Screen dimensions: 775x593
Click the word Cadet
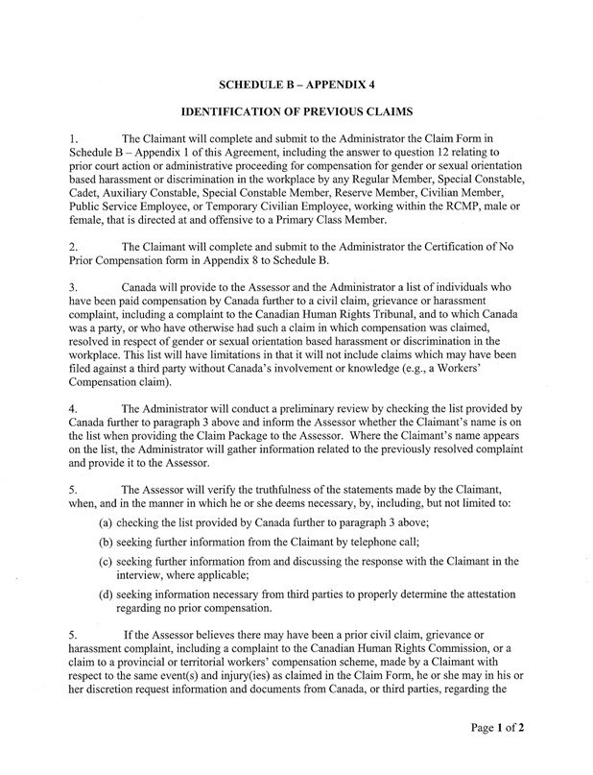(87, 188)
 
